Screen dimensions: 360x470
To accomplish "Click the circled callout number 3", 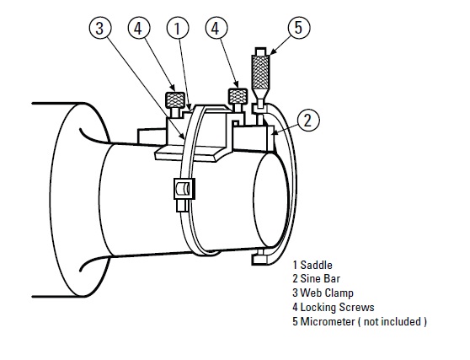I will coord(100,28).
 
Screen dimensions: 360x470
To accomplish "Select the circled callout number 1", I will coord(178,28).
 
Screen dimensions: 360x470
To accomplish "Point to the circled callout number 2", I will coord(309,120).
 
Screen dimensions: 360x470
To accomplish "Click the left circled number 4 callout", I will coord(140,28).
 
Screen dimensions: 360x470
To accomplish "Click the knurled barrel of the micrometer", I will coord(261,73).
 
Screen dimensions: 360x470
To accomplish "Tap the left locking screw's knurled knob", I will coord(177,99).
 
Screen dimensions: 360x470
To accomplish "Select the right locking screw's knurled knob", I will coord(238,97).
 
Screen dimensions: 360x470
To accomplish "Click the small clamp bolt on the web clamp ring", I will coord(179,194).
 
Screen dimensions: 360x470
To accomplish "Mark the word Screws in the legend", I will coord(356,308).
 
